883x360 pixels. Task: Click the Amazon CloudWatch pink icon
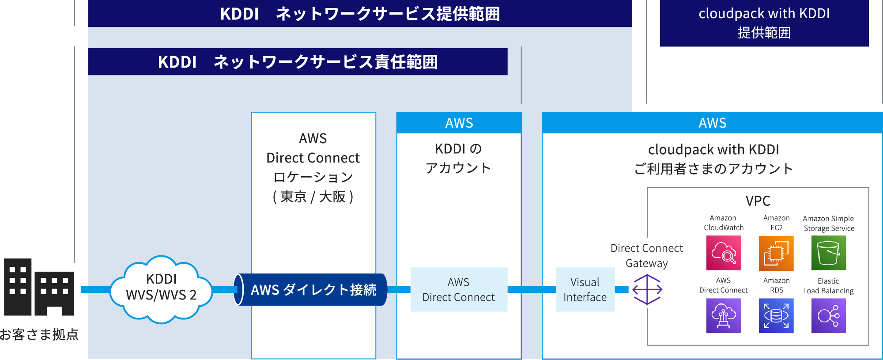723,253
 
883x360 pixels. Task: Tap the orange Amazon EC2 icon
776,253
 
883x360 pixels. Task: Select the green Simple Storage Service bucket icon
828,253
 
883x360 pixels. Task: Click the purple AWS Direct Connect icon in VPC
723,315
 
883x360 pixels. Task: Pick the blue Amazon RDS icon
776,315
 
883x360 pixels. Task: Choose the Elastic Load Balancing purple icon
828,315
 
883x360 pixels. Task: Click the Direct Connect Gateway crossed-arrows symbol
647,289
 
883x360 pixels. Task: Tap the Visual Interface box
585,289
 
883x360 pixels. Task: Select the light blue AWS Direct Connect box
458,289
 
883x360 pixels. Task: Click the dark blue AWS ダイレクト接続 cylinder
311,289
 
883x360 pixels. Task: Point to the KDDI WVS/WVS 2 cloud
161,289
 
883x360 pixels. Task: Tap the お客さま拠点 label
39,334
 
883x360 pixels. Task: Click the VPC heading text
758,201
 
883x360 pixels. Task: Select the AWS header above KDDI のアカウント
459,123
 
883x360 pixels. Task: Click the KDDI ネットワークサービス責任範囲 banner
298,62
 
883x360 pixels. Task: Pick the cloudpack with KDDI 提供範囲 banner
764,23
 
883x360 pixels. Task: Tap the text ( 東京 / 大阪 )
313,197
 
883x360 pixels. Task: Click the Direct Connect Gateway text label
646,255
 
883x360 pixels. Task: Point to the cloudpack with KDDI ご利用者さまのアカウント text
713,159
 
